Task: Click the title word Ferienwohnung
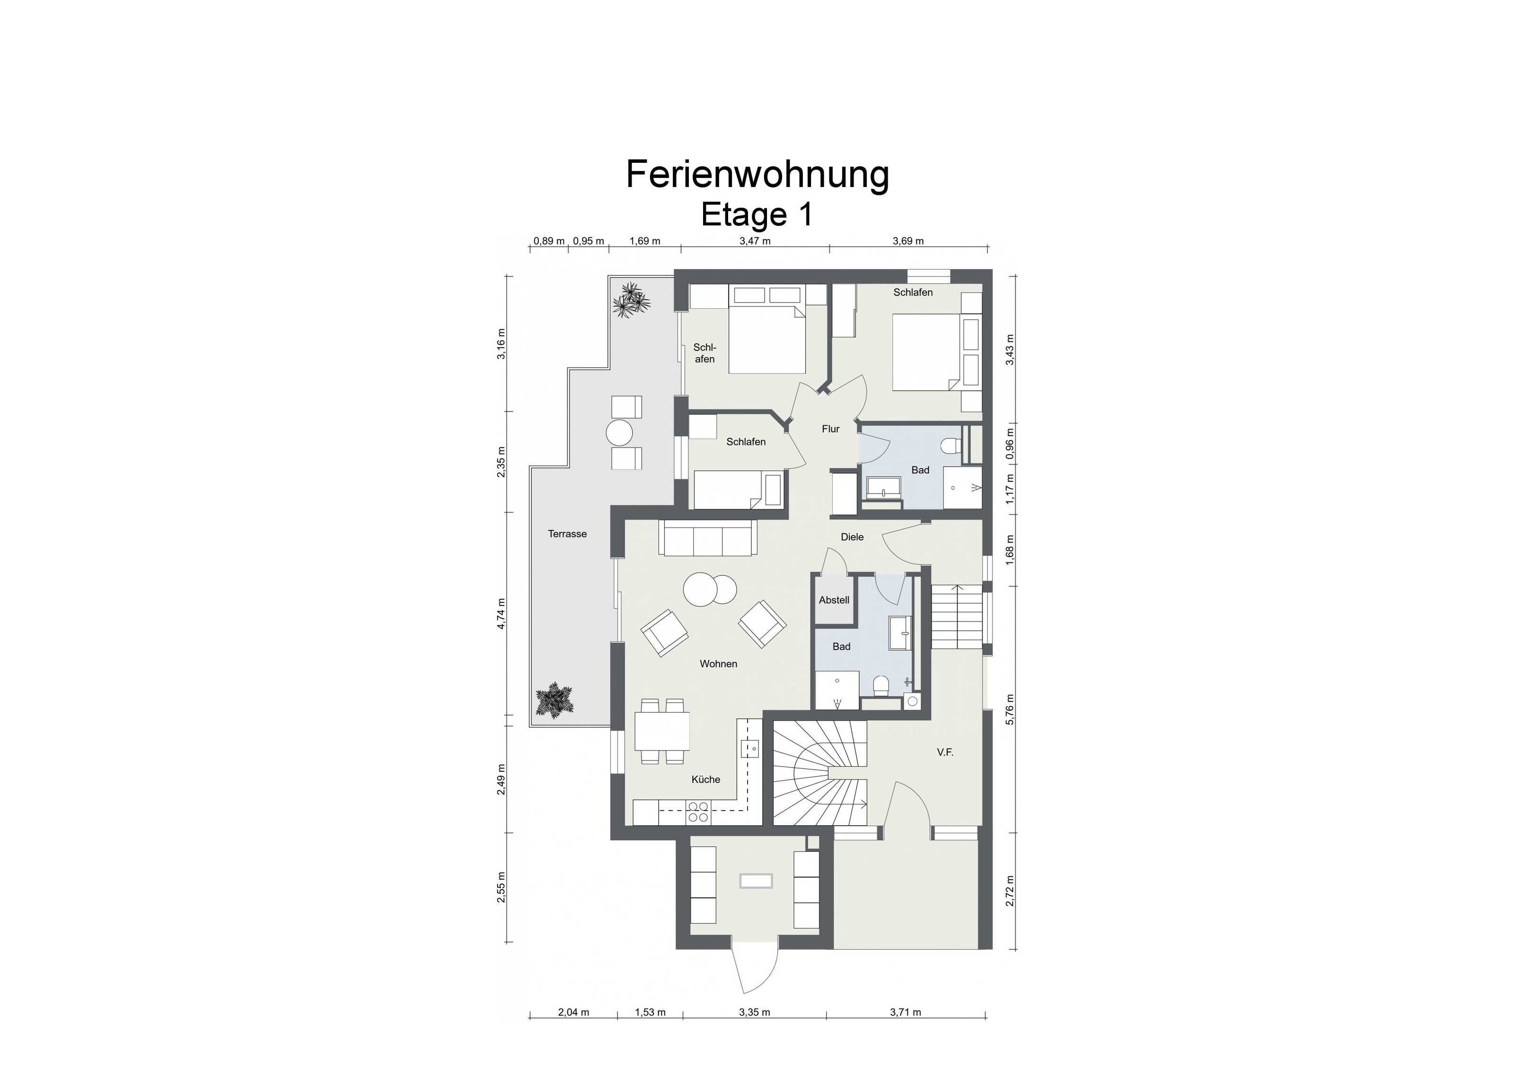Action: [x=757, y=175]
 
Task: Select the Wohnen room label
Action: [x=719, y=664]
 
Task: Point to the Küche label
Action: [x=705, y=779]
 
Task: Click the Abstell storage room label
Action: [x=834, y=600]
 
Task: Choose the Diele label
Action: [x=852, y=537]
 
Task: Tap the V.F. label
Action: [x=945, y=752]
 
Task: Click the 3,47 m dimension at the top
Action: [x=755, y=241]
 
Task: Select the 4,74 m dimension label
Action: [x=501, y=614]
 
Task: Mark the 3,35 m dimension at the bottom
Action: [x=754, y=1012]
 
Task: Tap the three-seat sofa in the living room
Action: [x=707, y=538]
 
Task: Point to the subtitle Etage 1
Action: [x=757, y=214]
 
